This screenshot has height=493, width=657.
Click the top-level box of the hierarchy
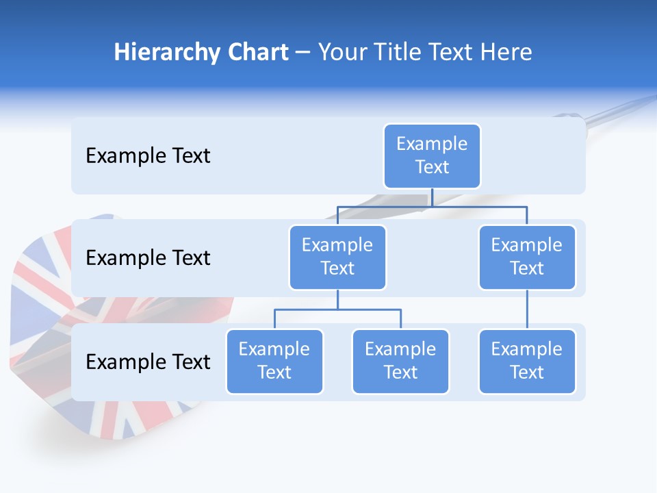coord(432,156)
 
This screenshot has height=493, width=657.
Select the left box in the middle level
coord(337,257)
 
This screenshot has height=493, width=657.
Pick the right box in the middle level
coord(527,257)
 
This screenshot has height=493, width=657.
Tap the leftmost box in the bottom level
coord(274,362)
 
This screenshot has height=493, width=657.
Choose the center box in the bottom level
coord(400,362)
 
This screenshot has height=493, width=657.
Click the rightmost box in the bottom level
coord(527,362)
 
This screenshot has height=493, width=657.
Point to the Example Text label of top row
coord(148,156)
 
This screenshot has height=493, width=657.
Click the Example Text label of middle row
coord(148,258)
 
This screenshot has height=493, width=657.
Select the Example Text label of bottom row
coord(148,362)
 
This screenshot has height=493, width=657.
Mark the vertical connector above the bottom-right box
coord(527,309)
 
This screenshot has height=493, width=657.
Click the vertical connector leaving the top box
coord(432,197)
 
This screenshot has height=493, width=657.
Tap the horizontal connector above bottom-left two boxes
coord(337,309)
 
